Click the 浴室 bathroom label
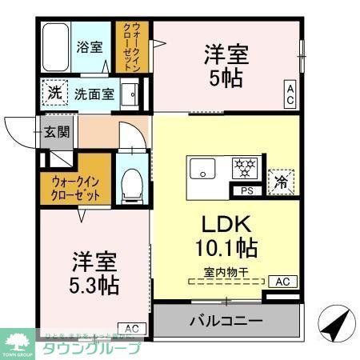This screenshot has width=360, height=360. (89, 47)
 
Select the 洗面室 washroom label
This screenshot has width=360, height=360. (94, 94)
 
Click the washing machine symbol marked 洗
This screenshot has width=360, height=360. (54, 93)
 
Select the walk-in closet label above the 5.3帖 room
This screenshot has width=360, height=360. (76, 187)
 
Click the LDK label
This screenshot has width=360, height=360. (226, 223)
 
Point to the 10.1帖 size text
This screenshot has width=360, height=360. (226, 246)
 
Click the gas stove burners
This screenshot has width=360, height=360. (243, 169)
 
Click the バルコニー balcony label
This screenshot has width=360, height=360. (226, 322)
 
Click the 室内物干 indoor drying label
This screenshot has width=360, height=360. (226, 271)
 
